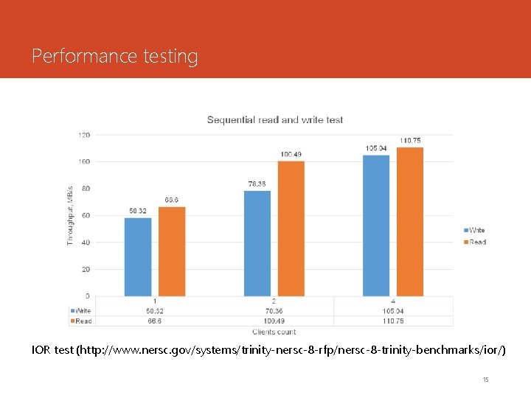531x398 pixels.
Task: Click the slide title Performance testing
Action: [115, 56]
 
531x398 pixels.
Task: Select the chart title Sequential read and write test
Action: [275, 119]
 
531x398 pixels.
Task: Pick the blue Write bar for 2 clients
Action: [257, 243]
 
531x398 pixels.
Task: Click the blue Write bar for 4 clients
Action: [376, 226]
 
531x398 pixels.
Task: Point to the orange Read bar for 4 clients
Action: [410, 222]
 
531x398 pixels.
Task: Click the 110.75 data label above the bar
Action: [410, 141]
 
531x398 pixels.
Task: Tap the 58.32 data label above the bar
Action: [138, 211]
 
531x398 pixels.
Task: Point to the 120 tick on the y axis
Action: [84, 135]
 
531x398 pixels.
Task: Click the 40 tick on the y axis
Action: [86, 242]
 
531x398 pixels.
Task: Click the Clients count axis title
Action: [273, 332]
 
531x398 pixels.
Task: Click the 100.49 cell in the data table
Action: [274, 321]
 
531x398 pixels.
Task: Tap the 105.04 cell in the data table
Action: [392, 311]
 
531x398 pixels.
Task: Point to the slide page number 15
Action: [485, 380]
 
